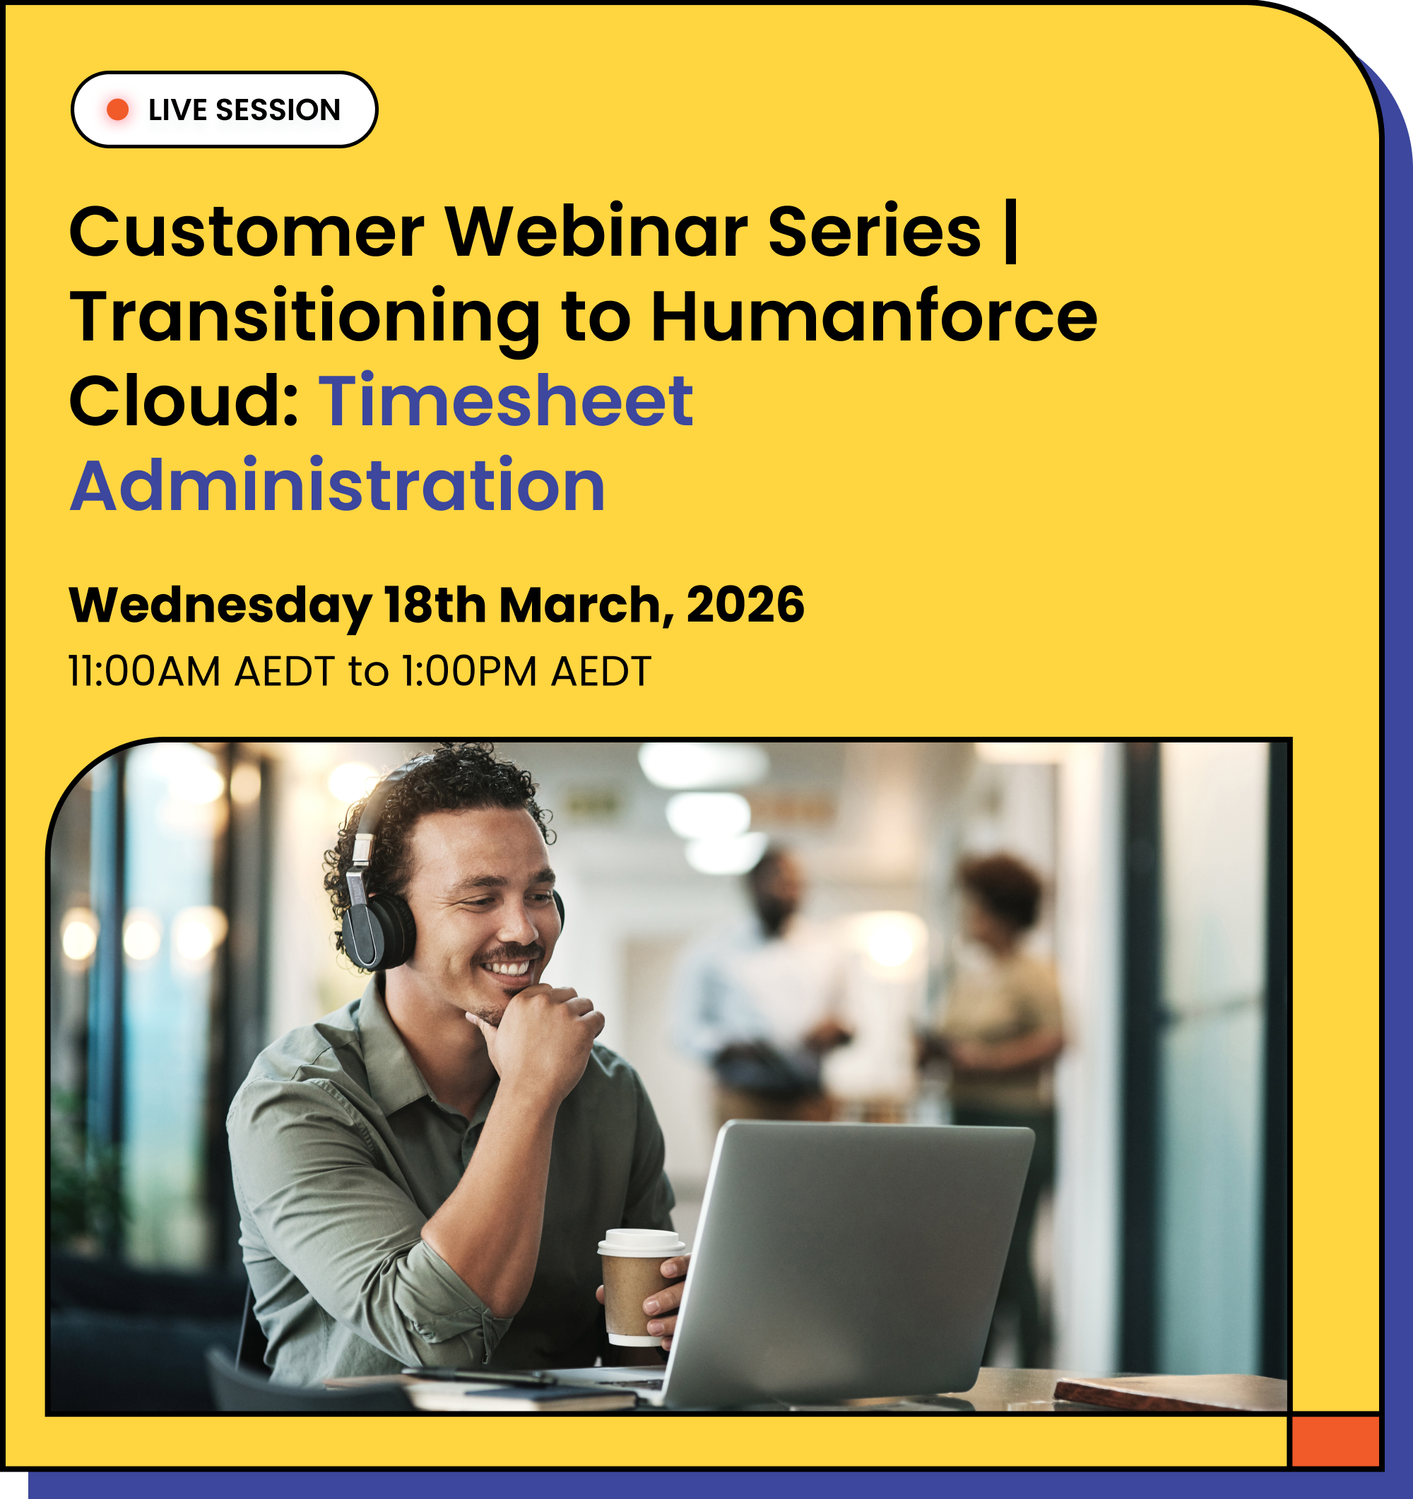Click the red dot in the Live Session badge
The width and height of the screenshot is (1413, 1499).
(x=117, y=109)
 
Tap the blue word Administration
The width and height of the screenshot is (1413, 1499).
(x=338, y=486)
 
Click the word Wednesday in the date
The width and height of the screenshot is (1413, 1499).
(x=220, y=605)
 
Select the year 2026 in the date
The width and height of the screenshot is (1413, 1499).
(x=745, y=605)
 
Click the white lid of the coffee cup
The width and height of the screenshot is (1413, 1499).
(x=641, y=1241)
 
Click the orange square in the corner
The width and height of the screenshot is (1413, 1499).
(x=1335, y=1440)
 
